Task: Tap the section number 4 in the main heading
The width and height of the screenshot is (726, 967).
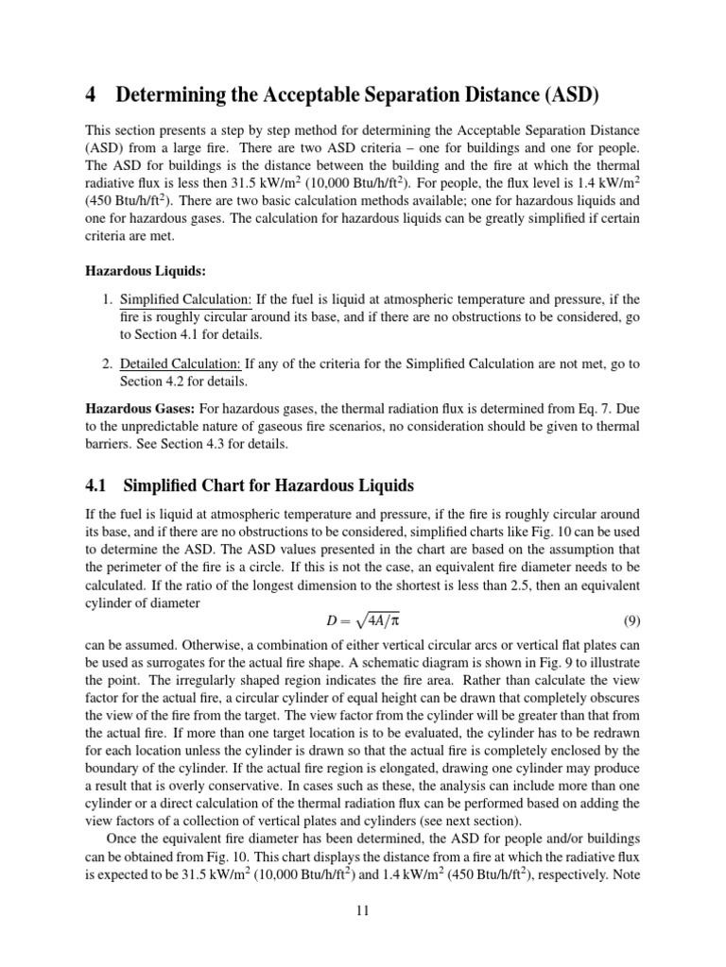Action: pos(92,95)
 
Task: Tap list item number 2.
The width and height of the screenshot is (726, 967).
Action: pos(106,364)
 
